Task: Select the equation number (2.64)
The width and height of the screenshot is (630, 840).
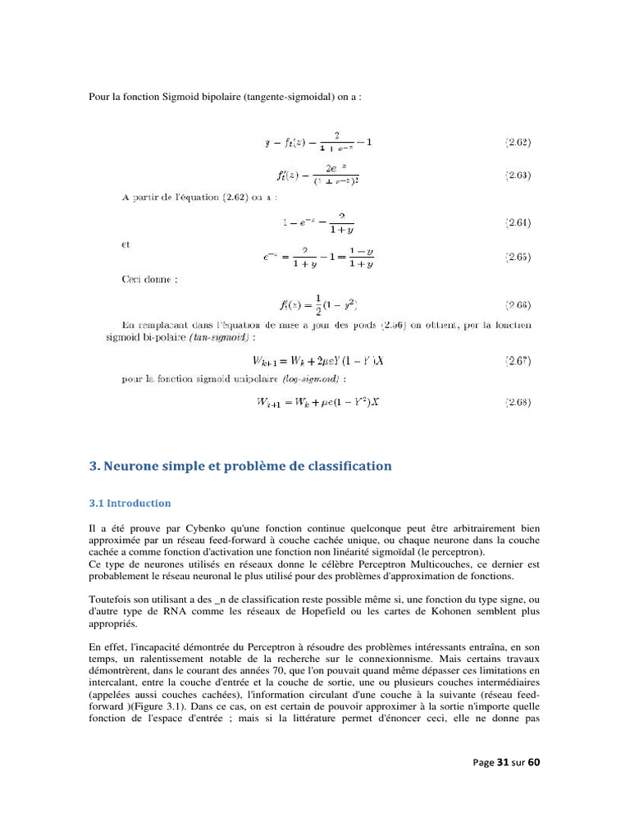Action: point(517,222)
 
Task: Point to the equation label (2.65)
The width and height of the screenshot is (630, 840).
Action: point(517,258)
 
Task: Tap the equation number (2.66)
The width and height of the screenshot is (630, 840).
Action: point(517,305)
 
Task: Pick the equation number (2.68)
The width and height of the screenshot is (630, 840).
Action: point(517,402)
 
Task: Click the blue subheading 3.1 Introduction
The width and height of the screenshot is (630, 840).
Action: point(130,503)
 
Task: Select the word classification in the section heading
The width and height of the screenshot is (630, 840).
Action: point(345,466)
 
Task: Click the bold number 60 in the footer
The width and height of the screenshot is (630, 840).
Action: point(533,762)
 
